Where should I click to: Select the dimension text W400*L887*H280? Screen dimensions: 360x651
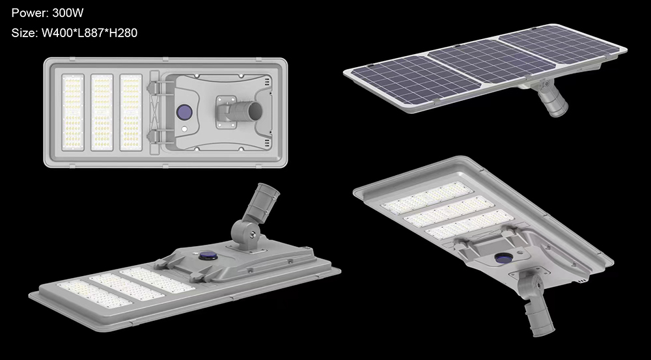(x=89, y=33)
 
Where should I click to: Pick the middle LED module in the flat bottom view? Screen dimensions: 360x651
(x=102, y=112)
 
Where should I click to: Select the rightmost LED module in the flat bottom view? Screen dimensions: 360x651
(x=131, y=112)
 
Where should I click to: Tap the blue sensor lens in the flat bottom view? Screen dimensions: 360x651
(x=184, y=111)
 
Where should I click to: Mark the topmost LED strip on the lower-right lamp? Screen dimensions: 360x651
(x=426, y=200)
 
